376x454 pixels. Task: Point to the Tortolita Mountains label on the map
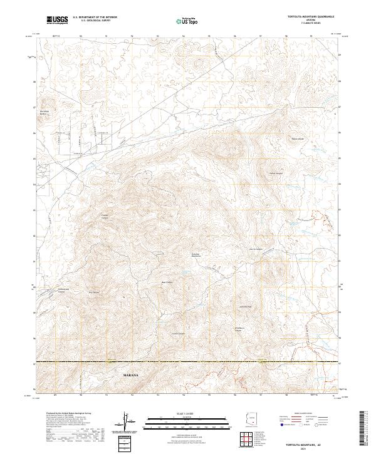click(195, 255)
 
